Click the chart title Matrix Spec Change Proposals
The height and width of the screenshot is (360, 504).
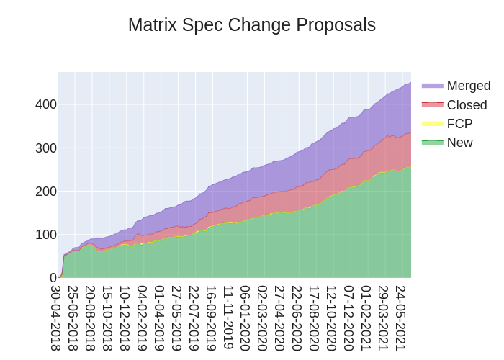[x=252, y=25]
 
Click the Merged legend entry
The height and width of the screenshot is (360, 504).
[x=468, y=86]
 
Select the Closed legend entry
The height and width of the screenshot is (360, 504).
[x=467, y=105]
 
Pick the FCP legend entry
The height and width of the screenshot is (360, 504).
[x=459, y=124]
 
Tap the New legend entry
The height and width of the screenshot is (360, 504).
[x=459, y=143]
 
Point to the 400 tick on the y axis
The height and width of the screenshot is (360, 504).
[x=46, y=104]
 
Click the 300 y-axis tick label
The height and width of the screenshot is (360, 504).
[x=46, y=148]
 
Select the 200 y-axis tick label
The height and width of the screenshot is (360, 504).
[x=46, y=192]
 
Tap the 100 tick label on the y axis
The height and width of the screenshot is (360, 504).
[x=46, y=235]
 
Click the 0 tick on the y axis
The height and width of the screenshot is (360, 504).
[x=53, y=278]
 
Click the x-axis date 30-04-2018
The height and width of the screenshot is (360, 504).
[x=55, y=318]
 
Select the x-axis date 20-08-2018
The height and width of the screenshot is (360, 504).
[x=90, y=318]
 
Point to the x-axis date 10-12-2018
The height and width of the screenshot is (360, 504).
[x=125, y=318]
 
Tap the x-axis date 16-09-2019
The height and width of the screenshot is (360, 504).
[x=211, y=318]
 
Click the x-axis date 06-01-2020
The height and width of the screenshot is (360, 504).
[x=246, y=318]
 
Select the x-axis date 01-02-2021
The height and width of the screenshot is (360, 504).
[x=366, y=318]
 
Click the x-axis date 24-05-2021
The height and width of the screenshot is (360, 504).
[x=401, y=318]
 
